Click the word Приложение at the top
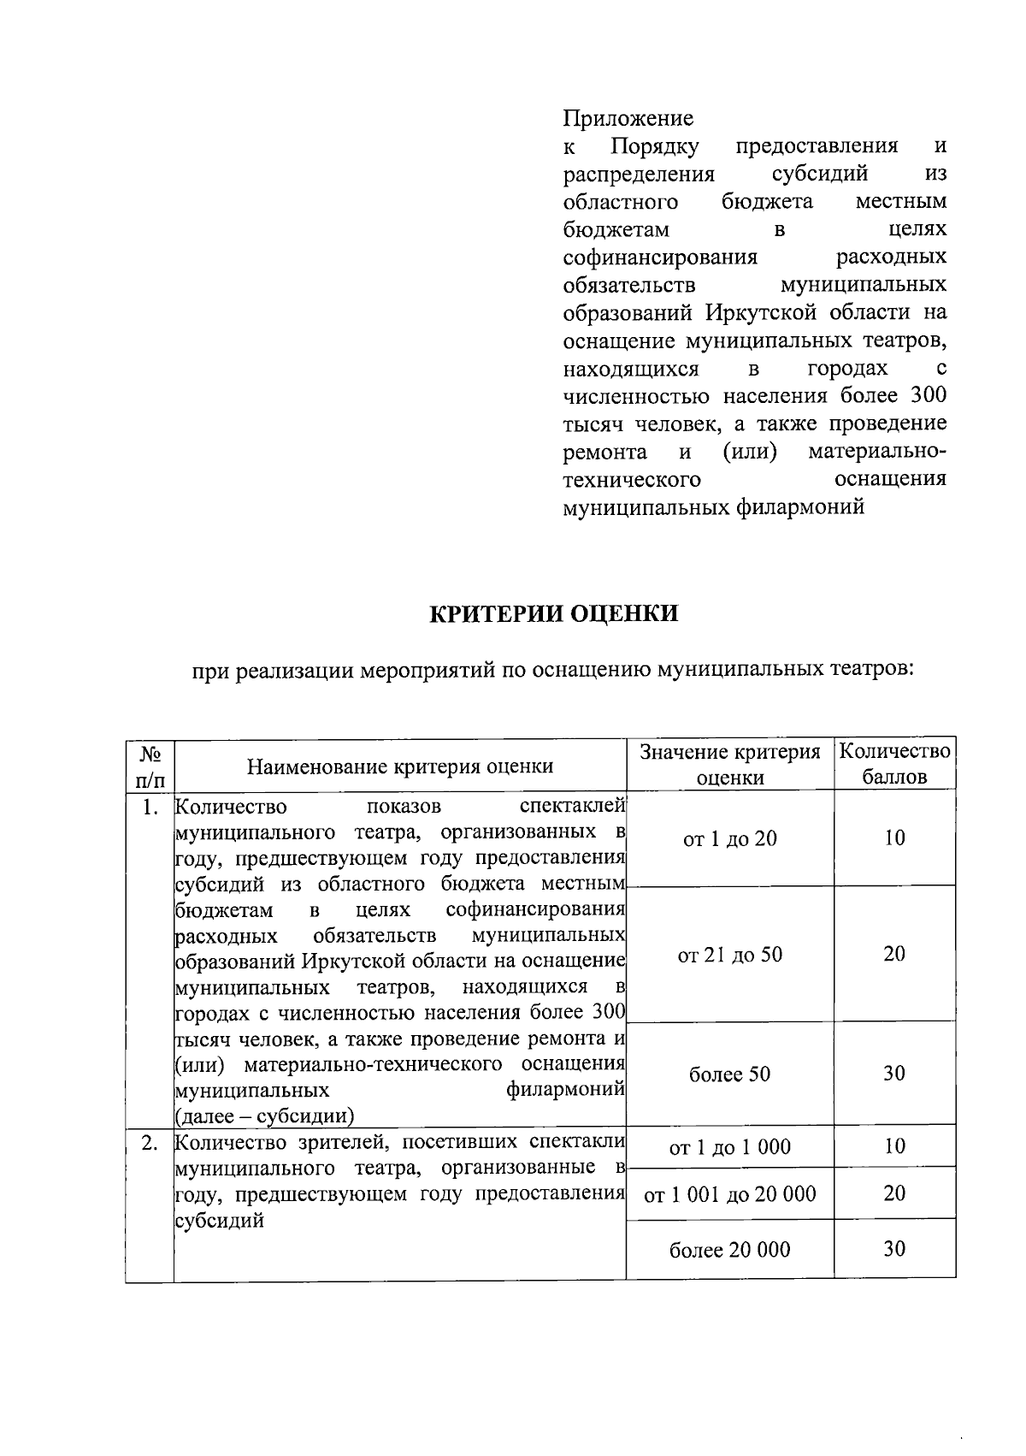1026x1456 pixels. click(x=628, y=118)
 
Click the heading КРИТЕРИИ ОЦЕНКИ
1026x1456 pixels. click(x=553, y=613)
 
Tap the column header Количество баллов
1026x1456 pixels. click(x=894, y=764)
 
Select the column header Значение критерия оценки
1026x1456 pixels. click(x=730, y=764)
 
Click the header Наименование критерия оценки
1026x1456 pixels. click(x=400, y=766)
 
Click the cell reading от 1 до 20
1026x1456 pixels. click(x=730, y=838)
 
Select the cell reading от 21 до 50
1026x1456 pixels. click(x=730, y=955)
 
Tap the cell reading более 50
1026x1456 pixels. click(x=730, y=1074)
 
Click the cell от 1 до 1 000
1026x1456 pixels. click(x=730, y=1146)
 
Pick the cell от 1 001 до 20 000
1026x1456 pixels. click(x=730, y=1193)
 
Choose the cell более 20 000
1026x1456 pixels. click(x=730, y=1250)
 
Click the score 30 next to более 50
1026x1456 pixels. click(x=894, y=1073)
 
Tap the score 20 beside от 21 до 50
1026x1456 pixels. click(x=894, y=954)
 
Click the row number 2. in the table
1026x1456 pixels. click(x=150, y=1143)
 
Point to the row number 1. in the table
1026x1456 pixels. click(x=150, y=807)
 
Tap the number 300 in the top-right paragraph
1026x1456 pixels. click(x=929, y=396)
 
